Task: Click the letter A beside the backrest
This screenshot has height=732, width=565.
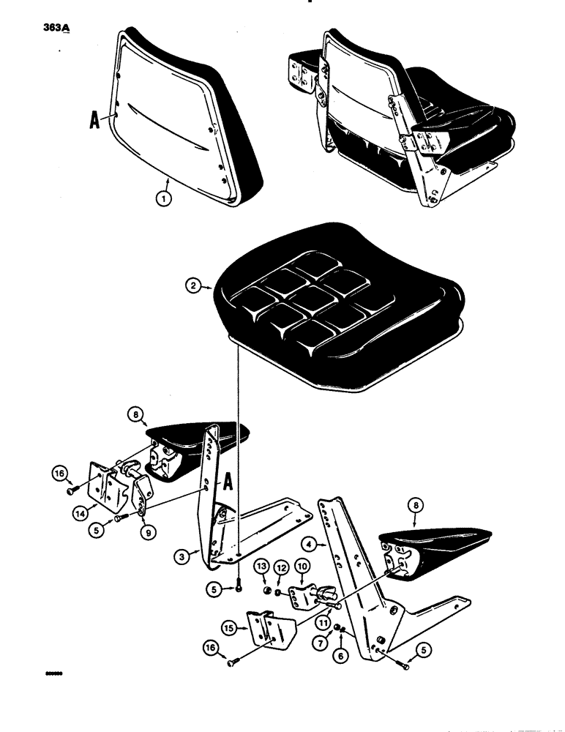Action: point(94,121)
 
